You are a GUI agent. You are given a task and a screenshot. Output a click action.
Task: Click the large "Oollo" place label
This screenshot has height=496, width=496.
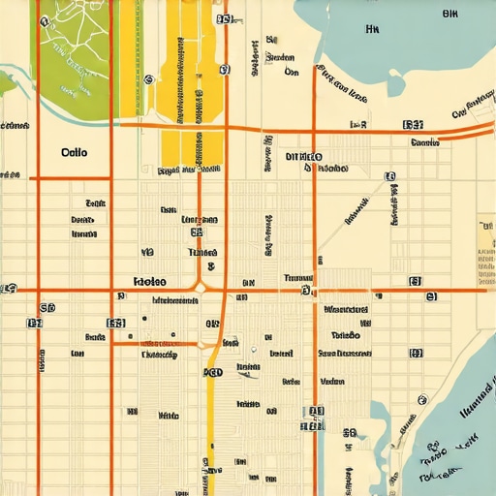[x=74, y=152]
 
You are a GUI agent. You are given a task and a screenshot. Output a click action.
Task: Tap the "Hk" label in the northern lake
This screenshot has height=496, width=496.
[x=371, y=30]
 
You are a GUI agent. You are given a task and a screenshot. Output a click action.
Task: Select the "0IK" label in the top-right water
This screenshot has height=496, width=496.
[x=449, y=14]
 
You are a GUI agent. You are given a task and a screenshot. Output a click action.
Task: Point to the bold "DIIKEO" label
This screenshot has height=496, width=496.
[x=305, y=156]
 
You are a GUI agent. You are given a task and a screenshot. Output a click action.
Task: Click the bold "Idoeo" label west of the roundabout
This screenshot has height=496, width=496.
[x=147, y=281]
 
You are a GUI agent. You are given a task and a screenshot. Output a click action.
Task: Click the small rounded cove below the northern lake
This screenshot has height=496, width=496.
[x=396, y=84]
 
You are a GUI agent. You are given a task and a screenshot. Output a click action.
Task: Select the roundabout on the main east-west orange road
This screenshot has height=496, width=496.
[x=201, y=288]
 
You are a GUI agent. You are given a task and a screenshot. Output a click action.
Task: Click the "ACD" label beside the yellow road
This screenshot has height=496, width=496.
[x=212, y=371]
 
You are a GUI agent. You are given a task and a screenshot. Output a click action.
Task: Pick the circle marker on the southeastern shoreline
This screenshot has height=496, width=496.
[x=420, y=398]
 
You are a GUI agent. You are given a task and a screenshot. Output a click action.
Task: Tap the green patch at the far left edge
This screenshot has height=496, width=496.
[x=7, y=82]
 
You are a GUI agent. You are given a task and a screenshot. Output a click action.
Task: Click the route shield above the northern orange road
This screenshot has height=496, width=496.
[x=413, y=125]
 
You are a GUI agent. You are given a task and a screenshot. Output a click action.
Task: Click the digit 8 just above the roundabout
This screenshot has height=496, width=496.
[x=211, y=265]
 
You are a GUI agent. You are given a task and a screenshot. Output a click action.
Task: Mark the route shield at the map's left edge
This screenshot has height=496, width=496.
[x=9, y=289]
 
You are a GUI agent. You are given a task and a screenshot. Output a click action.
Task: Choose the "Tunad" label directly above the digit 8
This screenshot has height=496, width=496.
[x=201, y=251]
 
